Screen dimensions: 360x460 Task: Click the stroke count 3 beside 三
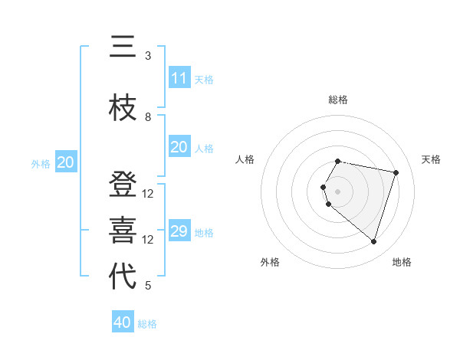[148, 56]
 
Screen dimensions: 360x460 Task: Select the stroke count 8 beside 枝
[148, 117]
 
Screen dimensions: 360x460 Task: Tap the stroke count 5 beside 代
[148, 286]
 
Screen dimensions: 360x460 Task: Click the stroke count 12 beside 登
[148, 194]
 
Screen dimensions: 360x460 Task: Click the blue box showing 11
[179, 78]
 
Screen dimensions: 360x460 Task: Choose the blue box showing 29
[179, 231]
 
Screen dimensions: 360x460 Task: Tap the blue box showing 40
[123, 322]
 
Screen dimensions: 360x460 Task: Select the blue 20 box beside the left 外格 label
[66, 162]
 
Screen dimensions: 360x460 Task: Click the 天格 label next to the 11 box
[204, 80]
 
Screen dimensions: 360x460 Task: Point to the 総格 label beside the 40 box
[147, 324]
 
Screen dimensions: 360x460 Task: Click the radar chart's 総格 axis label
[338, 100]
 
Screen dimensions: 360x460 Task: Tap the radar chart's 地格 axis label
[402, 263]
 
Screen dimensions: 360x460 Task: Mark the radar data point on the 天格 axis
[396, 172]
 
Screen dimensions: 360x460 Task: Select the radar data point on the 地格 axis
[373, 242]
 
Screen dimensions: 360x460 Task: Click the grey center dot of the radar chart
[338, 191]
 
